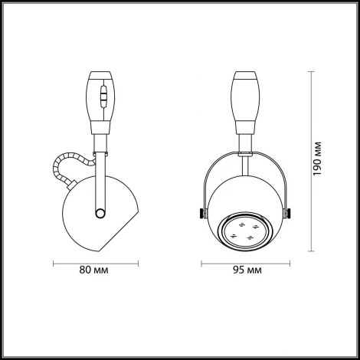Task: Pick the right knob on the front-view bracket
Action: tap(290, 211)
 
